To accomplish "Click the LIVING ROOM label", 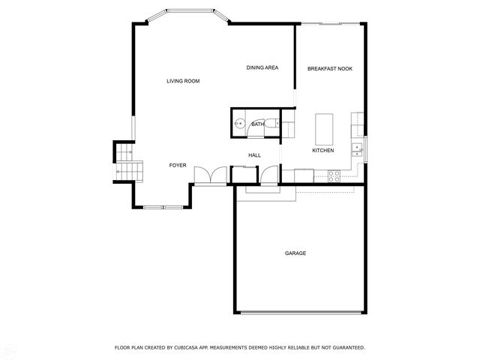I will pyautogui.click(x=183, y=81).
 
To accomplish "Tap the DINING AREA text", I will pyautogui.click(x=262, y=68).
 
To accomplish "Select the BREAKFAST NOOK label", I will pyautogui.click(x=329, y=69).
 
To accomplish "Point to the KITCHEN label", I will pyautogui.click(x=322, y=151).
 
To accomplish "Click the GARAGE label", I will pyautogui.click(x=295, y=253).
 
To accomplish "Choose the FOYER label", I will pyautogui.click(x=177, y=165).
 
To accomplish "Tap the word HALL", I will pyautogui.click(x=254, y=155).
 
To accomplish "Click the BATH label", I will pyautogui.click(x=257, y=124).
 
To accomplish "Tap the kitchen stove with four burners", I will pyautogui.click(x=334, y=175).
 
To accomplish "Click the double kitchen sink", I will pyautogui.click(x=358, y=150).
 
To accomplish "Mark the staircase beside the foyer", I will pyautogui.click(x=124, y=162).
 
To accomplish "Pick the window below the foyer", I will pyautogui.click(x=163, y=206).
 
